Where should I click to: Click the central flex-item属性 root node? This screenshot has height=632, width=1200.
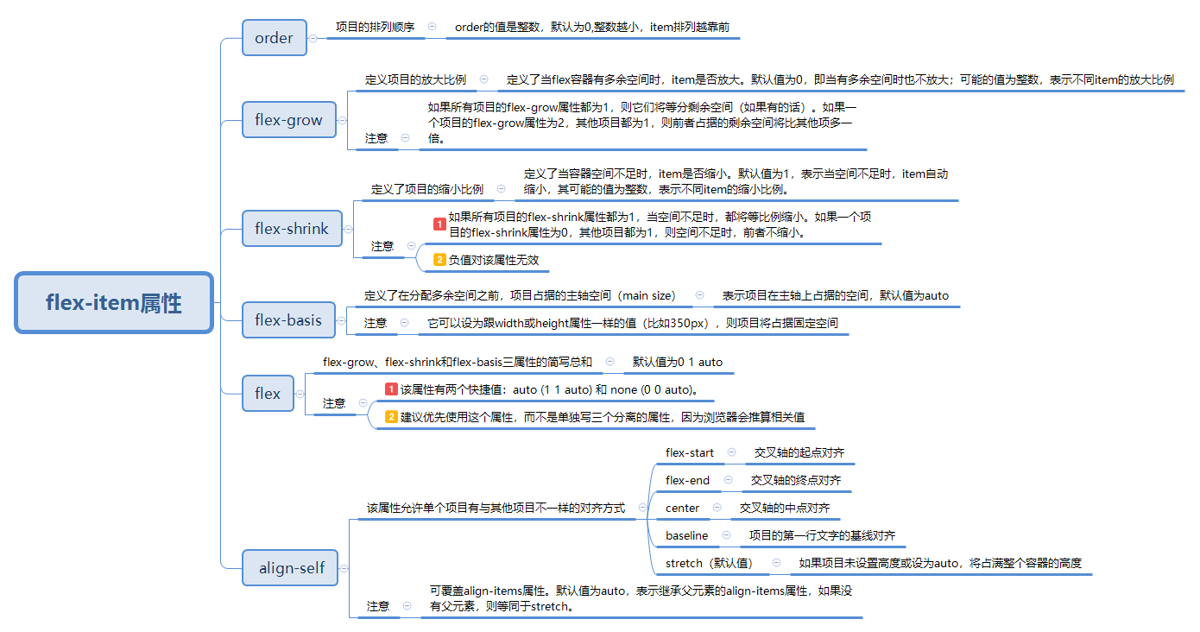(x=114, y=302)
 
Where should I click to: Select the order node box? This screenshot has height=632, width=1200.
(x=275, y=37)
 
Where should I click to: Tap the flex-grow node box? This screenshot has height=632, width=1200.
(x=289, y=119)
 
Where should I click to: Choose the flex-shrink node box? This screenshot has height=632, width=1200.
(x=292, y=228)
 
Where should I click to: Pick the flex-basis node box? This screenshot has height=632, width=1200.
(x=288, y=319)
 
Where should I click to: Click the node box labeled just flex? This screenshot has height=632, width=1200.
(x=268, y=393)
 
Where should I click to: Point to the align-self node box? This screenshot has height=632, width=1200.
(x=290, y=568)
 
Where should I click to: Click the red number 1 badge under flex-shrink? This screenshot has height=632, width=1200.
(x=439, y=224)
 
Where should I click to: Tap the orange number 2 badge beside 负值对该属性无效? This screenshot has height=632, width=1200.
(x=439, y=260)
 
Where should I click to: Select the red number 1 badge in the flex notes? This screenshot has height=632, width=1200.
(x=391, y=389)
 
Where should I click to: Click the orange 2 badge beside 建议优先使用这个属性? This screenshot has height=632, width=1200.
(x=391, y=417)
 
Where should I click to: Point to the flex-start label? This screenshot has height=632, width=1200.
(x=690, y=452)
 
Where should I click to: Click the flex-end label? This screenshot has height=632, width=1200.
(x=687, y=480)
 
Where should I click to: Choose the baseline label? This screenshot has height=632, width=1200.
(x=687, y=535)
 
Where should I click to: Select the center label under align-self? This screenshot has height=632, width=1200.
(x=682, y=508)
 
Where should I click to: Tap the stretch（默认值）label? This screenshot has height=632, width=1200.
(x=710, y=563)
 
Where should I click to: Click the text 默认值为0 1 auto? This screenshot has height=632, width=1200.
(x=678, y=362)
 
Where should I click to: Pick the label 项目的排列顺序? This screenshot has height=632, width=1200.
(x=375, y=27)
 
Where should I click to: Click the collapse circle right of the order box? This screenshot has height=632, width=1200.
(x=313, y=38)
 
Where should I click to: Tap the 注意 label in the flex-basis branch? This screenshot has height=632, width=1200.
(x=376, y=323)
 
